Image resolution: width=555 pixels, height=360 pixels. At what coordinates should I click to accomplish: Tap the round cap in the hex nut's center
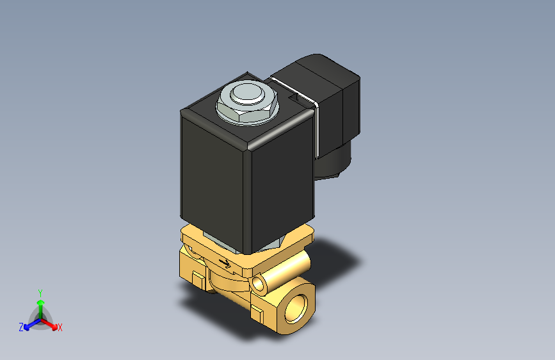tap(246, 94)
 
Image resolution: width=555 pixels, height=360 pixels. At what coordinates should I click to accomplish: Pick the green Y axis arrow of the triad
tap(40, 300)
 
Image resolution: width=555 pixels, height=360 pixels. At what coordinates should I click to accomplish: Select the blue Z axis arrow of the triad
tap(29, 323)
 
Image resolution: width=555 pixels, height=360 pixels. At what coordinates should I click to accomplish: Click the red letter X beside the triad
tap(60, 328)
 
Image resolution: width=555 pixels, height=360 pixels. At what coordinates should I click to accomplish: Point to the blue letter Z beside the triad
tap(21, 327)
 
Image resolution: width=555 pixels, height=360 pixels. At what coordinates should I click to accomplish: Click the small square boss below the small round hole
tap(257, 313)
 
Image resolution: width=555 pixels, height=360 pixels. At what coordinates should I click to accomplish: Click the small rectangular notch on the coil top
tap(296, 99)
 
